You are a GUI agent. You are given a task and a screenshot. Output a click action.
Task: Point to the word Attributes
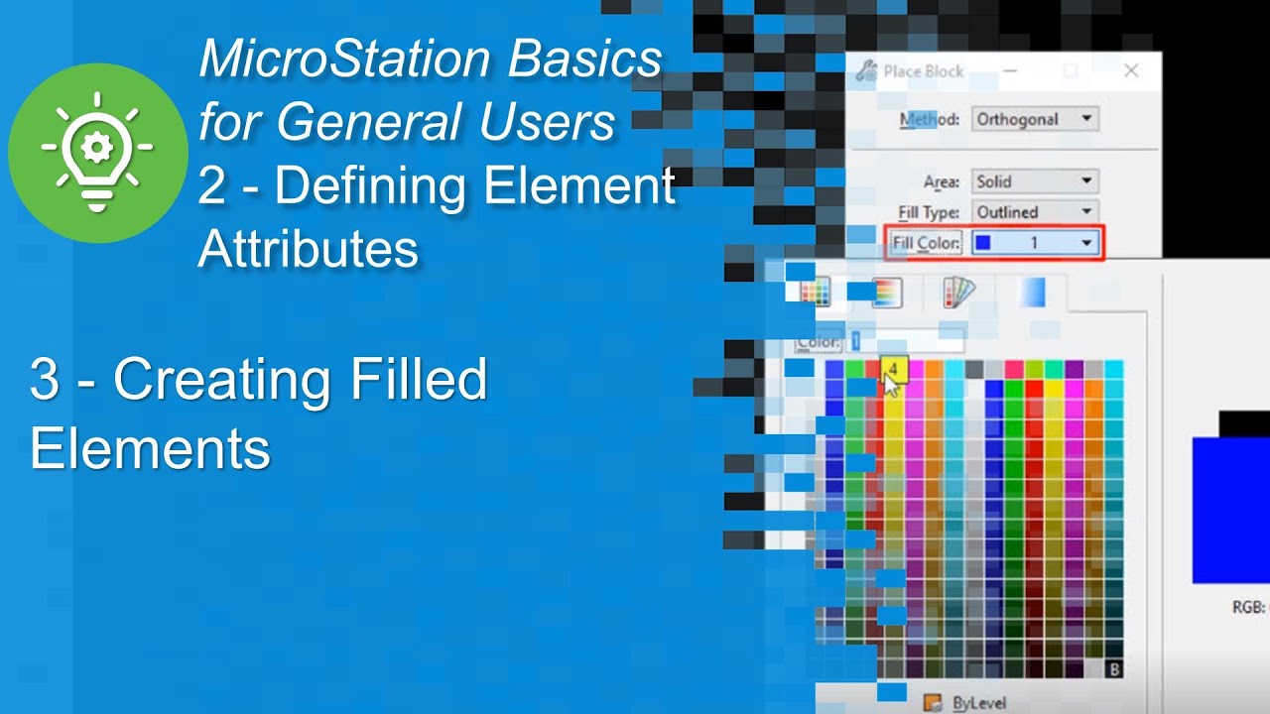click(308, 249)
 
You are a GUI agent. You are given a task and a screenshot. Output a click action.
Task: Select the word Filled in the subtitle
click(417, 381)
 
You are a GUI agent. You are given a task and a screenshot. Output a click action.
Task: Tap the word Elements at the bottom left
click(150, 448)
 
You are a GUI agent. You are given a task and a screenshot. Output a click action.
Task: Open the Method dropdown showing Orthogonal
click(1035, 120)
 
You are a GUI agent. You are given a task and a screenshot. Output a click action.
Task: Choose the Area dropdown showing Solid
click(1035, 181)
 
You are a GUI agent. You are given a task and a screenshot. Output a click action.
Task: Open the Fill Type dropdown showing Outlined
click(1035, 212)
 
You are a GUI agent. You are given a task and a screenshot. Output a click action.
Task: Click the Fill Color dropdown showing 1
click(1037, 243)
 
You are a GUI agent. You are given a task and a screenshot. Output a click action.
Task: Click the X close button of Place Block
click(1130, 71)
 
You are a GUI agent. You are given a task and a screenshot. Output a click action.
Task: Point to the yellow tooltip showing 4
click(894, 369)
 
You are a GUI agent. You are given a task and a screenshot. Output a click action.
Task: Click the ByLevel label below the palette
click(978, 703)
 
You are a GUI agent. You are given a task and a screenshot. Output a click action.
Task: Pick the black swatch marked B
click(1113, 669)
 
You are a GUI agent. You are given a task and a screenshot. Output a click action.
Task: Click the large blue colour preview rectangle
click(1230, 510)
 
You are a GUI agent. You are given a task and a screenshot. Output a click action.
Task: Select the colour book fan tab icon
click(958, 293)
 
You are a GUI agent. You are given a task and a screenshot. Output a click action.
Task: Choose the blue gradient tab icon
click(1032, 293)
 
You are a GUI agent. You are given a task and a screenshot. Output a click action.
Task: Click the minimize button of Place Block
click(1010, 71)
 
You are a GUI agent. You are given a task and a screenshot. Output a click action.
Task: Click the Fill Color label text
click(926, 243)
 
